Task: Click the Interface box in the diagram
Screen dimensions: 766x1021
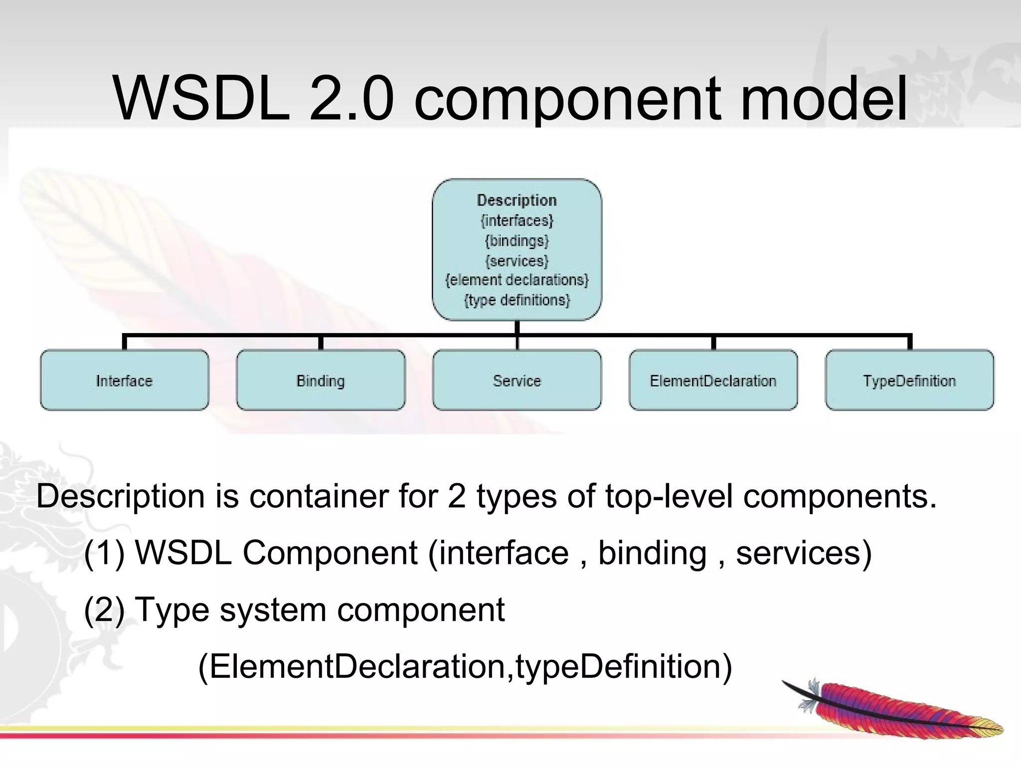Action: pos(124,381)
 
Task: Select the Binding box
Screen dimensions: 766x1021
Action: pos(321,381)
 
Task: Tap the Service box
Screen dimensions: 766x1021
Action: pos(517,381)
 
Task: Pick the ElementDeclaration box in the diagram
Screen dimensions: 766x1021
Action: pos(713,381)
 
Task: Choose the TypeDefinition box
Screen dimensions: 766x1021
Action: pos(909,381)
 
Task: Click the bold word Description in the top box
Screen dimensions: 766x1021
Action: pos(517,200)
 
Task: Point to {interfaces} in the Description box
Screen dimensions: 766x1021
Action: pos(517,220)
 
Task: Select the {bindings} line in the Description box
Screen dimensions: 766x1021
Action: pos(517,241)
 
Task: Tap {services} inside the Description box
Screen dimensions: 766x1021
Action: pos(517,261)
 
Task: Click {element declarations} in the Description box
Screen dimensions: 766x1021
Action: pos(517,280)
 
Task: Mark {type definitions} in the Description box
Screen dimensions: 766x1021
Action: pos(517,300)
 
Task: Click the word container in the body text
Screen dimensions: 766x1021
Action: pos(319,497)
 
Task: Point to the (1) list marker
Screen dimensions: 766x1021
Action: pos(104,553)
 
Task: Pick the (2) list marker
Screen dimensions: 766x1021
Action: pos(104,610)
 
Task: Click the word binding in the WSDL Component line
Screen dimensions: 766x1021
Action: pos(652,553)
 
